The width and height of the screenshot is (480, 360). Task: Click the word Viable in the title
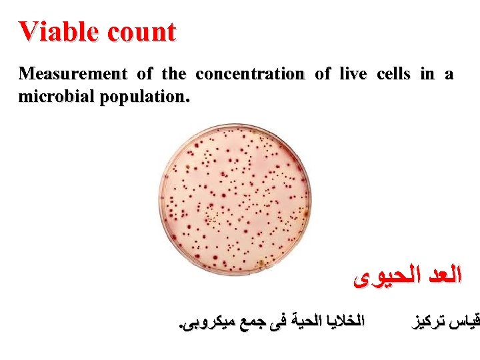(x=55, y=31)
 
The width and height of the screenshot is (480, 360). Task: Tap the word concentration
(x=250, y=74)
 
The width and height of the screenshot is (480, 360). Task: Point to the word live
(x=351, y=74)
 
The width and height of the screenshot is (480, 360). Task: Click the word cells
(x=394, y=74)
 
